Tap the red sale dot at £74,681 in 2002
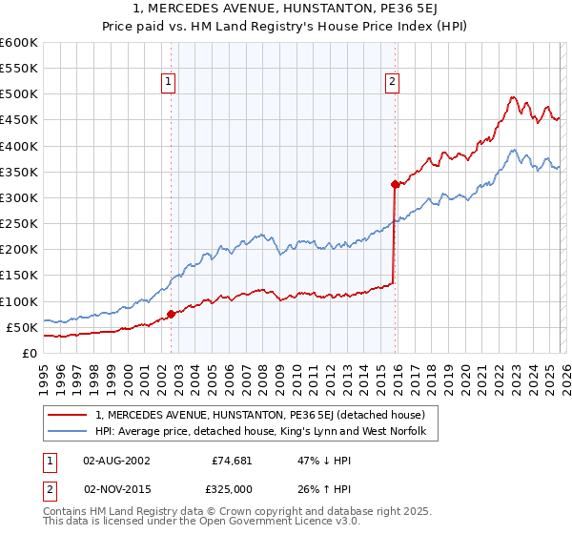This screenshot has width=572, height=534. tap(171, 314)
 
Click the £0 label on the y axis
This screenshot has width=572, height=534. tap(30, 353)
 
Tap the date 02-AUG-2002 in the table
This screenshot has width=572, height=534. tap(116, 460)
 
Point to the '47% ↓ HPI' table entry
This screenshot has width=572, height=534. tap(315, 460)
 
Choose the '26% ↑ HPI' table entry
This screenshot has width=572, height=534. tap(315, 488)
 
